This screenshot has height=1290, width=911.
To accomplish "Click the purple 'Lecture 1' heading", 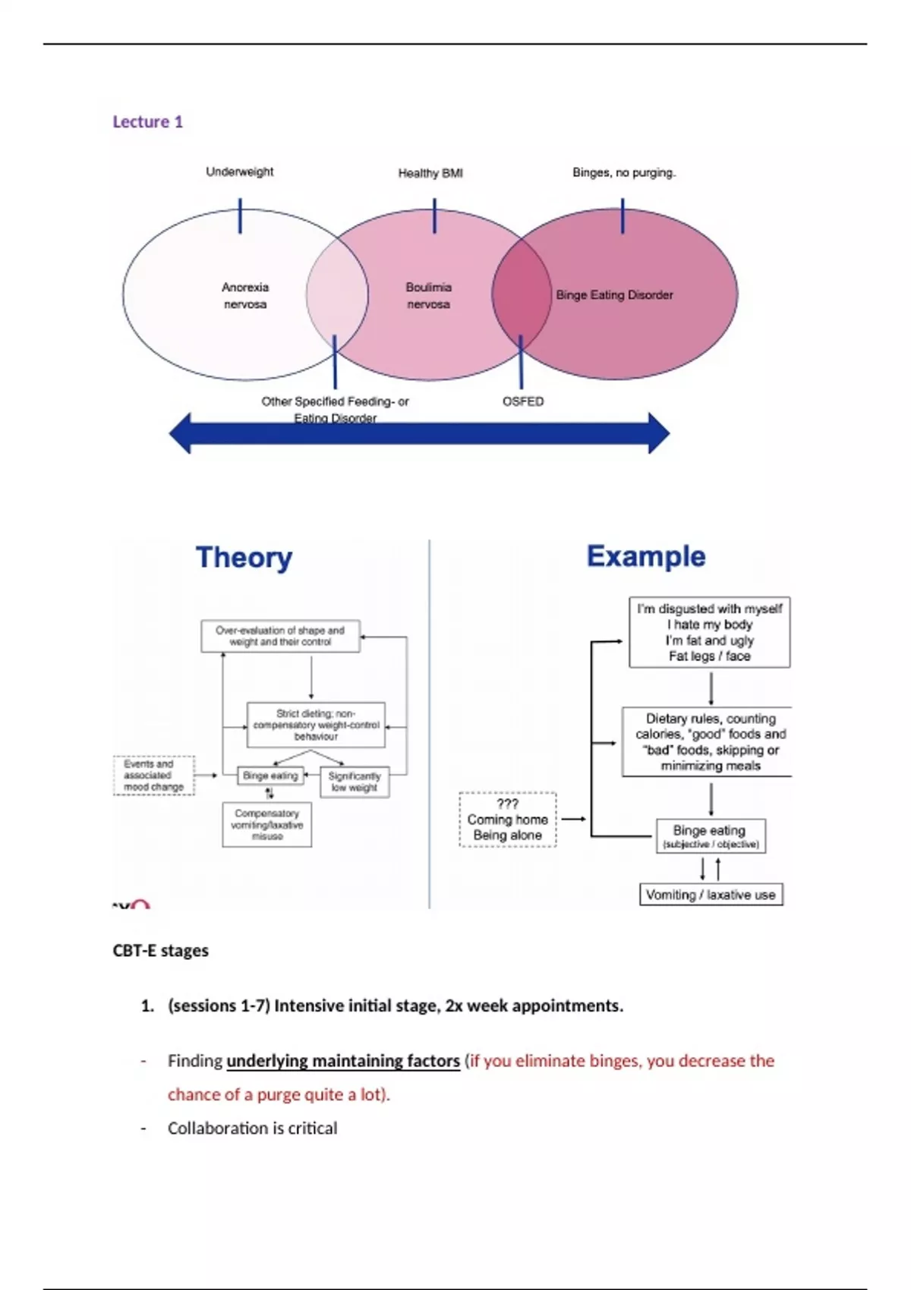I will pyautogui.click(x=147, y=121).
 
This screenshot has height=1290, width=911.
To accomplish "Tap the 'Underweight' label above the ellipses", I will pyautogui.click(x=239, y=171).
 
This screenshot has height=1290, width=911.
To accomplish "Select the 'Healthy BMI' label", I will pyautogui.click(x=430, y=173).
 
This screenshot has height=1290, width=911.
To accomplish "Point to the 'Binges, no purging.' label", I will pyautogui.click(x=623, y=172).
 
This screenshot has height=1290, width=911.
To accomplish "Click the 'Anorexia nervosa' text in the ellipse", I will pyautogui.click(x=244, y=295).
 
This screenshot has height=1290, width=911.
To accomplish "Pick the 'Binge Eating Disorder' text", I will pyautogui.click(x=614, y=294).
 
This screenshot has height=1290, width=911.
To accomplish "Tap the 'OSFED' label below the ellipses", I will pyautogui.click(x=523, y=401).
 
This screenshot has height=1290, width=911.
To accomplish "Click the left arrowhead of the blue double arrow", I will pyautogui.click(x=181, y=433).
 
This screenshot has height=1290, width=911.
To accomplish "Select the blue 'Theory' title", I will pyautogui.click(x=244, y=557).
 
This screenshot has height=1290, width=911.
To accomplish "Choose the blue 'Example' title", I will pyautogui.click(x=646, y=556).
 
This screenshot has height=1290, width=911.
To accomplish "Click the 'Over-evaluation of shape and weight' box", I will pyautogui.click(x=280, y=636).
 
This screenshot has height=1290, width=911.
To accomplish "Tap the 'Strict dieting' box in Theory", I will pyautogui.click(x=316, y=725).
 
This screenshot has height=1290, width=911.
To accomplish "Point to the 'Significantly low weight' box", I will pyautogui.click(x=355, y=782).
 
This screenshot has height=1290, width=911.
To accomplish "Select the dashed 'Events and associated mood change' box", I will pyautogui.click(x=153, y=776).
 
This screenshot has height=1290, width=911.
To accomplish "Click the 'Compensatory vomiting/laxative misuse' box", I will pyautogui.click(x=266, y=825).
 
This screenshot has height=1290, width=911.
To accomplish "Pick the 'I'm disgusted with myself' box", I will pyautogui.click(x=709, y=632).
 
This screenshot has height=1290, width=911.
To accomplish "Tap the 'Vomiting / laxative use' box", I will pyautogui.click(x=711, y=895).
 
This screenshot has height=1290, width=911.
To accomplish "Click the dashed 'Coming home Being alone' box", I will pyautogui.click(x=507, y=820).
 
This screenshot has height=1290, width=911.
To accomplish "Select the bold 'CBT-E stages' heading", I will pyautogui.click(x=160, y=951).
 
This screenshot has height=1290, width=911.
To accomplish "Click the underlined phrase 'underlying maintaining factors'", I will pyautogui.click(x=343, y=1061).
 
